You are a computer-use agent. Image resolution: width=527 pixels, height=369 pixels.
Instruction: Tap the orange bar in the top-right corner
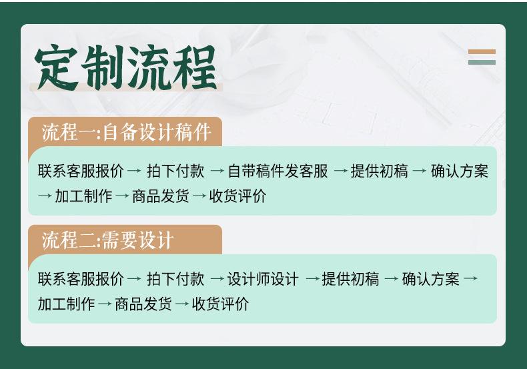[x=482, y=52]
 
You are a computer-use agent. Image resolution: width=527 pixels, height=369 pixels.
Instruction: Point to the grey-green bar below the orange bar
[x=482, y=62]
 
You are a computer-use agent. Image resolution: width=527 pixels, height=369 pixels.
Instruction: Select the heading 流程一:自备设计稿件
[x=126, y=132]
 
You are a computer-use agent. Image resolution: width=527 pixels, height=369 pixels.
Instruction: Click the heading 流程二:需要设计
[x=107, y=240]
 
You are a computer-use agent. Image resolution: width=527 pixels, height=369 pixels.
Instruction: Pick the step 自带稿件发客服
[x=278, y=171]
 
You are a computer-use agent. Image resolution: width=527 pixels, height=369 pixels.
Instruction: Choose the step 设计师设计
[x=263, y=278]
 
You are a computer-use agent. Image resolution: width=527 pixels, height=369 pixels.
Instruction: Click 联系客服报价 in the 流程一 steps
[x=81, y=171]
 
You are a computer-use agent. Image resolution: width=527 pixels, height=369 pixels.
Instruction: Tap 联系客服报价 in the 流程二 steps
[x=81, y=278]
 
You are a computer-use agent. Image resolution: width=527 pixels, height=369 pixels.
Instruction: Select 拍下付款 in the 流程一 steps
[x=175, y=171]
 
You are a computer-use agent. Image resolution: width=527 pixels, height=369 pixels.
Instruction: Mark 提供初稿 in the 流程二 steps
[x=350, y=278]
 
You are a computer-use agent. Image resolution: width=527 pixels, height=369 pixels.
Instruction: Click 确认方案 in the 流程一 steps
[x=460, y=171]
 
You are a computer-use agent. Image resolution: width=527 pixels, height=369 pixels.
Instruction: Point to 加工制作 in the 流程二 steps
[x=66, y=304]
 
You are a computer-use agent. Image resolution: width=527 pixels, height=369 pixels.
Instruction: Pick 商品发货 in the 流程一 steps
[x=161, y=196]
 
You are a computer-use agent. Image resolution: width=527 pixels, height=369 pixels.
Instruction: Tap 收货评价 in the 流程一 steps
[x=237, y=196]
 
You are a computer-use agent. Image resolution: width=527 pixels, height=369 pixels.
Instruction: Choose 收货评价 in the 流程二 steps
[x=220, y=304]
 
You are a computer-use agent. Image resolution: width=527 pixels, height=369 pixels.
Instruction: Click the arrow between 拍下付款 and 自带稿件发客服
[x=217, y=171]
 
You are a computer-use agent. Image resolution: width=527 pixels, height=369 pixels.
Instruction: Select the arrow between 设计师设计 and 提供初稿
[x=312, y=278]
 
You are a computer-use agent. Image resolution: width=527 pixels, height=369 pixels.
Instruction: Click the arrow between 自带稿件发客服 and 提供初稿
[x=340, y=171]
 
